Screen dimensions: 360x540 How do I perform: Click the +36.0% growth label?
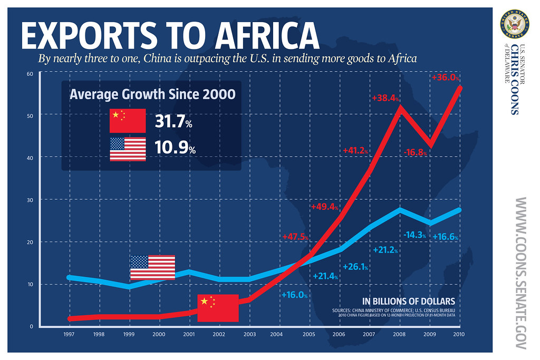click(x=446, y=77)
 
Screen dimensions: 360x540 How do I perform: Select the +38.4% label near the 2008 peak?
click(x=385, y=98)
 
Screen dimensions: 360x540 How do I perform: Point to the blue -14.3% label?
click(x=414, y=235)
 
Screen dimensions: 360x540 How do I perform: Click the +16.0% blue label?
click(x=295, y=295)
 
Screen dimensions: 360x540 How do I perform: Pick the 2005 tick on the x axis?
click(x=309, y=334)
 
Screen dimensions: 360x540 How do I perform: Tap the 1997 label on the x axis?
click(x=69, y=334)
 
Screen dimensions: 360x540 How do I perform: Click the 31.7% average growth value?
click(x=173, y=122)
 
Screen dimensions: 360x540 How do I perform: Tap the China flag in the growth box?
click(x=127, y=121)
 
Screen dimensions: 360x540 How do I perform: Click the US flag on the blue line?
click(x=152, y=267)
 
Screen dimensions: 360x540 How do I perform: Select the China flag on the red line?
click(x=218, y=308)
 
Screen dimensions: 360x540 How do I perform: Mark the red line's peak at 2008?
click(x=400, y=108)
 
